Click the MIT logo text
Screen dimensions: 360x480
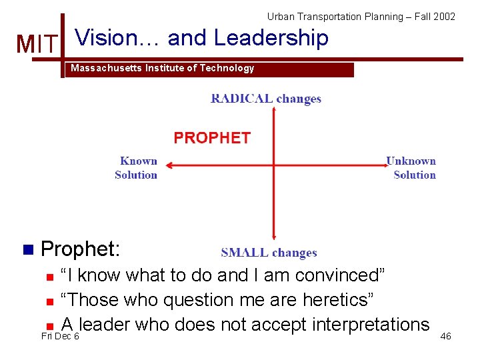(x=37, y=44)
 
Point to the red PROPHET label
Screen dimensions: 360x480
(x=212, y=138)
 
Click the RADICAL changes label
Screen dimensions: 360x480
(x=266, y=99)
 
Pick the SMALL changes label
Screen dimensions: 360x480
(x=269, y=253)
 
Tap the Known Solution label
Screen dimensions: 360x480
(x=137, y=168)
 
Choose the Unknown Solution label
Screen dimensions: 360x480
(x=412, y=168)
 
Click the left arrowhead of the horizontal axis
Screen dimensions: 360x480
(x=169, y=164)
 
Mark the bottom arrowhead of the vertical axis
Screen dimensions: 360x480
(x=274, y=235)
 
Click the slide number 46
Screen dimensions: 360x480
(x=445, y=336)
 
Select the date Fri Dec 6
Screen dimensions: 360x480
(x=60, y=337)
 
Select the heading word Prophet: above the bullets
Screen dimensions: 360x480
(x=81, y=249)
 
